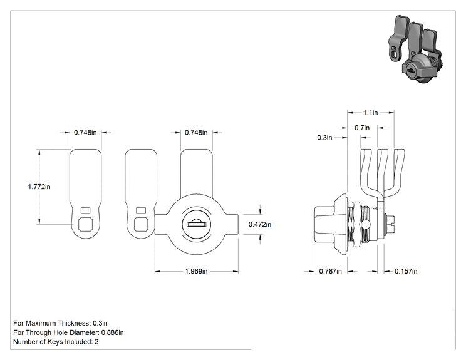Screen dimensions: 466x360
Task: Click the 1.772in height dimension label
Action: (39, 187)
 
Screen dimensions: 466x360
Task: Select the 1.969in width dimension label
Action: (196, 271)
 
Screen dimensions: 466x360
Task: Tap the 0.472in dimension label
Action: (260, 224)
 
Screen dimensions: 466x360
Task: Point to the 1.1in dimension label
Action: (370, 113)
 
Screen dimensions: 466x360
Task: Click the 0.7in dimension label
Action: (362, 128)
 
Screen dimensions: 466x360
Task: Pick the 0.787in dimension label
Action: (330, 271)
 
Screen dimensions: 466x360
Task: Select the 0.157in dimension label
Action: (406, 271)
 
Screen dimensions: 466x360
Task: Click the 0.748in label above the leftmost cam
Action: (85, 133)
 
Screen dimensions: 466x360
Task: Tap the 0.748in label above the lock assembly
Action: (196, 133)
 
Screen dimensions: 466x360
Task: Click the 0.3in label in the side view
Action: (324, 138)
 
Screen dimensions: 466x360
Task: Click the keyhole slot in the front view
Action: (195, 224)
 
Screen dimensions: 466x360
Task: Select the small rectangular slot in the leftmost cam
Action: (86, 210)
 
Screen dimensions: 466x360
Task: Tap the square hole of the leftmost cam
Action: (85, 224)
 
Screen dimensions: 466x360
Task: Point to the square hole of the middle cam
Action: (141, 224)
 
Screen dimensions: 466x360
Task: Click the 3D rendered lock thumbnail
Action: (415, 49)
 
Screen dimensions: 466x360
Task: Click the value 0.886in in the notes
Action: (112, 332)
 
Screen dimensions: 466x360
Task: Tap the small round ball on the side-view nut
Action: (365, 224)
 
